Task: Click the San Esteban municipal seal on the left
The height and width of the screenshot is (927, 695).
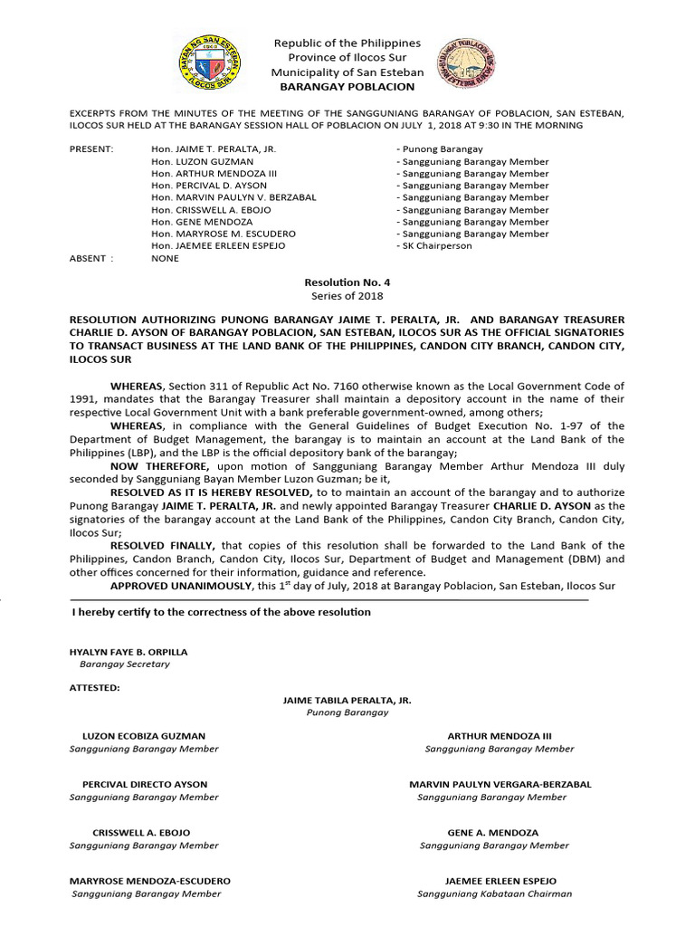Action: tap(205, 63)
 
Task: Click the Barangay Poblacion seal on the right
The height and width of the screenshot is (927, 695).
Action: tap(466, 64)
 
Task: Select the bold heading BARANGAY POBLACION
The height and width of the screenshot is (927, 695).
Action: tap(347, 87)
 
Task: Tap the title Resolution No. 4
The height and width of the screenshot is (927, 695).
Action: tap(347, 282)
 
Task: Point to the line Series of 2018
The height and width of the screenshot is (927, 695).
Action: tap(347, 296)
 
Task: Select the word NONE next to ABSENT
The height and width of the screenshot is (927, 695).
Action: tap(166, 258)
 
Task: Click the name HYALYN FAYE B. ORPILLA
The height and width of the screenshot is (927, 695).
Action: tap(129, 651)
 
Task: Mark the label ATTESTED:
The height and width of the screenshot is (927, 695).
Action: tap(94, 687)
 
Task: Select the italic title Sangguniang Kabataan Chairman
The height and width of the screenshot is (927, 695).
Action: tap(495, 894)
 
